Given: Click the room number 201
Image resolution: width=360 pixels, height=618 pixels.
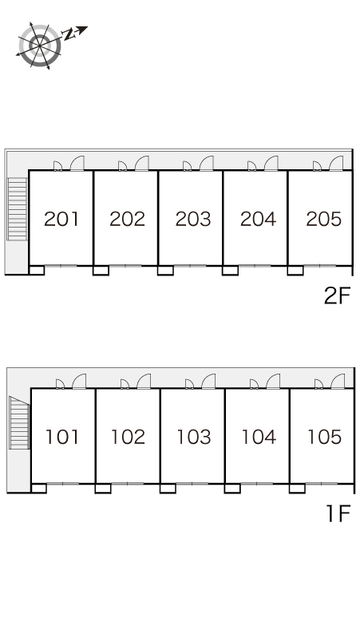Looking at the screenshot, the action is pyautogui.click(x=61, y=219).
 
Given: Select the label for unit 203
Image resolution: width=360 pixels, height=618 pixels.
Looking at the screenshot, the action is pyautogui.click(x=193, y=219).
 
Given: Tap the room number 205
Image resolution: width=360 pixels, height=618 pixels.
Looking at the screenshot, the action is pyautogui.click(x=324, y=219).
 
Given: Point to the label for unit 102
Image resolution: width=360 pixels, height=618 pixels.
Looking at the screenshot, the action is pyautogui.click(x=128, y=437).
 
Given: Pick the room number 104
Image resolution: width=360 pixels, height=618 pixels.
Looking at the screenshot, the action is pyautogui.click(x=259, y=437).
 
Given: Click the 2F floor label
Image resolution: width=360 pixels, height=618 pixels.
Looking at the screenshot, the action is pyautogui.click(x=337, y=295).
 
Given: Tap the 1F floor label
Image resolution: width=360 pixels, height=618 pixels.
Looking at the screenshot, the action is pyautogui.click(x=338, y=513).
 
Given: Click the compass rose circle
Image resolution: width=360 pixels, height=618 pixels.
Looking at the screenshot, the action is pyautogui.click(x=40, y=46).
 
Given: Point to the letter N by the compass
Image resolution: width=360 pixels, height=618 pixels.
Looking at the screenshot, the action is pyautogui.click(x=69, y=34).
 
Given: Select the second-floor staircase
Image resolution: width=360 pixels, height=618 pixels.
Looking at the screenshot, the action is pyautogui.click(x=18, y=209).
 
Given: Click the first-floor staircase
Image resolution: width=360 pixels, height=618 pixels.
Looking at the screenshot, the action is pyautogui.click(x=20, y=422).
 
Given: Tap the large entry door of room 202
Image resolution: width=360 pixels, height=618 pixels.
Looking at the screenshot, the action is pyautogui.click(x=142, y=164).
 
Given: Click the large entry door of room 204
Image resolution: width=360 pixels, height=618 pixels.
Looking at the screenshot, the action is pyautogui.click(x=271, y=164).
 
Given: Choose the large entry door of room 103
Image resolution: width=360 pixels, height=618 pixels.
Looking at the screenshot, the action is pyautogui.click(x=208, y=382).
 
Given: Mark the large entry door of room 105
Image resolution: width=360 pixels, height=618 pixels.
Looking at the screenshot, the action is pyautogui.click(x=338, y=382).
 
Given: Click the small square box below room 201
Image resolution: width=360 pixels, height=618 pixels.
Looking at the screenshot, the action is pyautogui.click(x=37, y=271).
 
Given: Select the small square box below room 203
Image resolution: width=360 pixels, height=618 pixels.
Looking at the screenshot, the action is pyautogui.click(x=165, y=271).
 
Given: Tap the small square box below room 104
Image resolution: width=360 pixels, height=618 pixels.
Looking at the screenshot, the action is pyautogui.click(x=232, y=489).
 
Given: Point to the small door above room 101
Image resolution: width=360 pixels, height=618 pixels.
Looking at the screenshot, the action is pyautogui.click(x=60, y=384).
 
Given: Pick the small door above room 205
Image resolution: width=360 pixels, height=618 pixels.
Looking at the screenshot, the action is pyautogui.click(x=317, y=166).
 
